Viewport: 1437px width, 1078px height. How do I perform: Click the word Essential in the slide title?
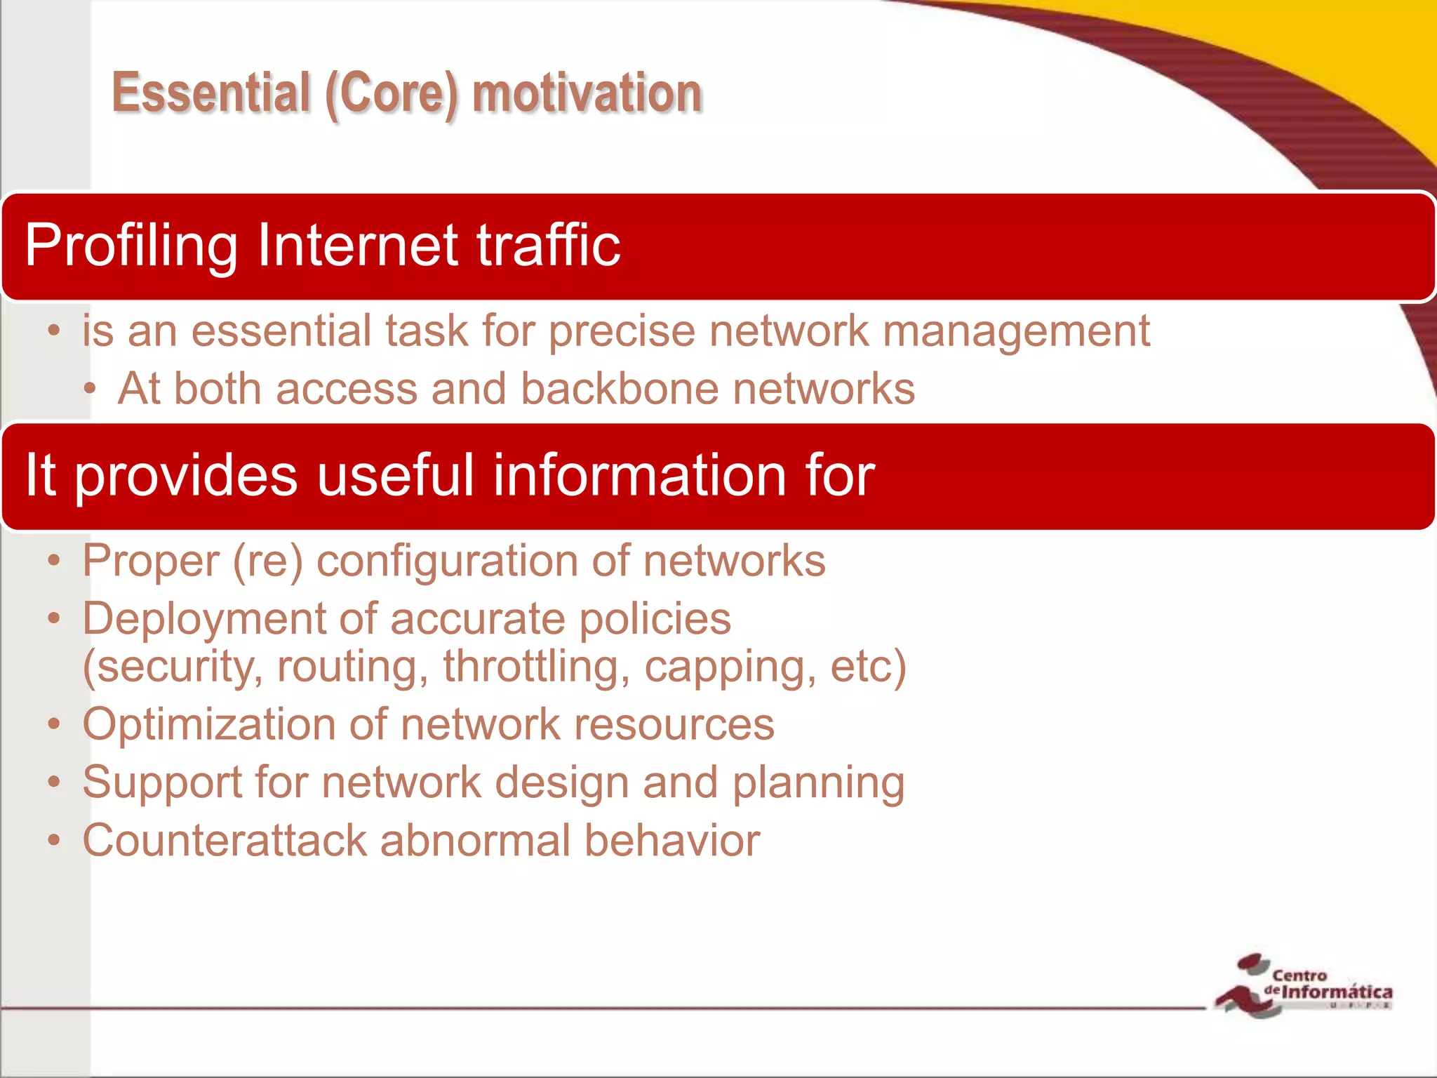point(211,93)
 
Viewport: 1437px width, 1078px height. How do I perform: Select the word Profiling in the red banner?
point(131,246)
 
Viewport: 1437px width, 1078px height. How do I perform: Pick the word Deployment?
point(204,620)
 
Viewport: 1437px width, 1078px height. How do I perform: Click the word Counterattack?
point(225,840)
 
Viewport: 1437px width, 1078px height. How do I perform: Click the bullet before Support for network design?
point(54,782)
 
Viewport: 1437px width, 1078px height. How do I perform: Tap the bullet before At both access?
point(89,389)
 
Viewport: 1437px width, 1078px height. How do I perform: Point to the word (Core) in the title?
point(392,94)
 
